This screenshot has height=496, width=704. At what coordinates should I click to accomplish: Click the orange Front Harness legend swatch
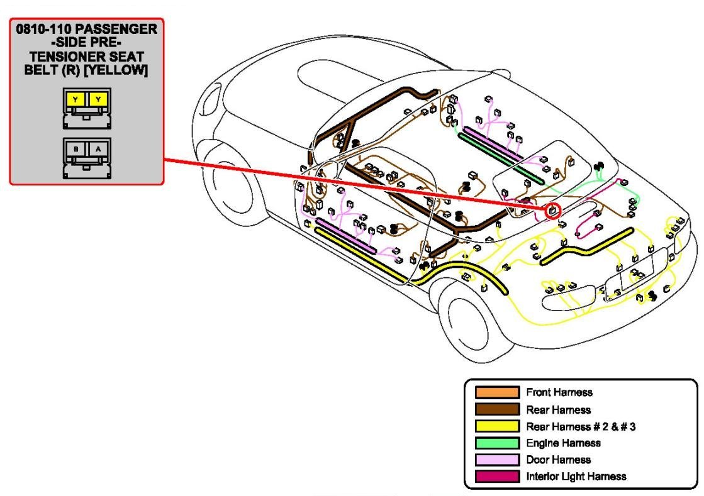497,393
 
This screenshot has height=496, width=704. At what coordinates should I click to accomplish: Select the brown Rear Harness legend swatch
497,410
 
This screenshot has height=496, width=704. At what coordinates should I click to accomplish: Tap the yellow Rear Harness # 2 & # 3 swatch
497,426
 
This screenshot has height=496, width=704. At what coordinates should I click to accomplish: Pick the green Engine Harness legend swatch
497,443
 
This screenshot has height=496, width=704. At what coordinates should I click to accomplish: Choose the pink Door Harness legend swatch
497,460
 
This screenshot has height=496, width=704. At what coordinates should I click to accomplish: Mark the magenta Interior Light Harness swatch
497,477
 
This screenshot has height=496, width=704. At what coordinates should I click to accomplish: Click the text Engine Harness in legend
563,443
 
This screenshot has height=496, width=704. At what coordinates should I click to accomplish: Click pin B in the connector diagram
76,149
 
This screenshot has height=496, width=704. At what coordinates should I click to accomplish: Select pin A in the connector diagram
98,149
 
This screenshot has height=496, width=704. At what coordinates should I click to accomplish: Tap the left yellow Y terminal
75,99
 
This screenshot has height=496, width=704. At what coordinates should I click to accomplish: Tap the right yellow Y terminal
98,99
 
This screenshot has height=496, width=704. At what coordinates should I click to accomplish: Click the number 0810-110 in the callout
45,30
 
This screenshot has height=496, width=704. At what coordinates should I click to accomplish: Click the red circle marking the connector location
552,211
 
